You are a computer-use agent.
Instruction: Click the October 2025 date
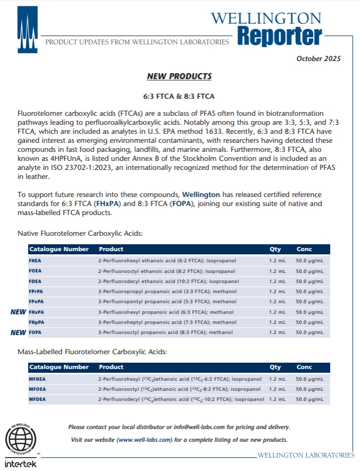(319, 58)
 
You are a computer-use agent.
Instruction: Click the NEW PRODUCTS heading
(179, 76)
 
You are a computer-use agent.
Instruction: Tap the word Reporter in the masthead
(279, 36)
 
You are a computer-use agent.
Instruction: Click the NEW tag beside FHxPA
(19, 312)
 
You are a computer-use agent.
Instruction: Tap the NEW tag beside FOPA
(19, 332)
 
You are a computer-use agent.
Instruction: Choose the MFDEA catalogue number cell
(38, 399)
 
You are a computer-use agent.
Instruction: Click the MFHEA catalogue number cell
(38, 379)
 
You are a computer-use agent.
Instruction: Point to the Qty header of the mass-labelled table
(275, 367)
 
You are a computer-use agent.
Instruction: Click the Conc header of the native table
(304, 249)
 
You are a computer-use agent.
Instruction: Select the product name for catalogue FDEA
(168, 281)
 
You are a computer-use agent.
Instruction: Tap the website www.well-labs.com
(144, 440)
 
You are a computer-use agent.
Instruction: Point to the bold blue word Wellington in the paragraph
(201, 195)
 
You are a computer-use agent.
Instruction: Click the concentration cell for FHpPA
(309, 322)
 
